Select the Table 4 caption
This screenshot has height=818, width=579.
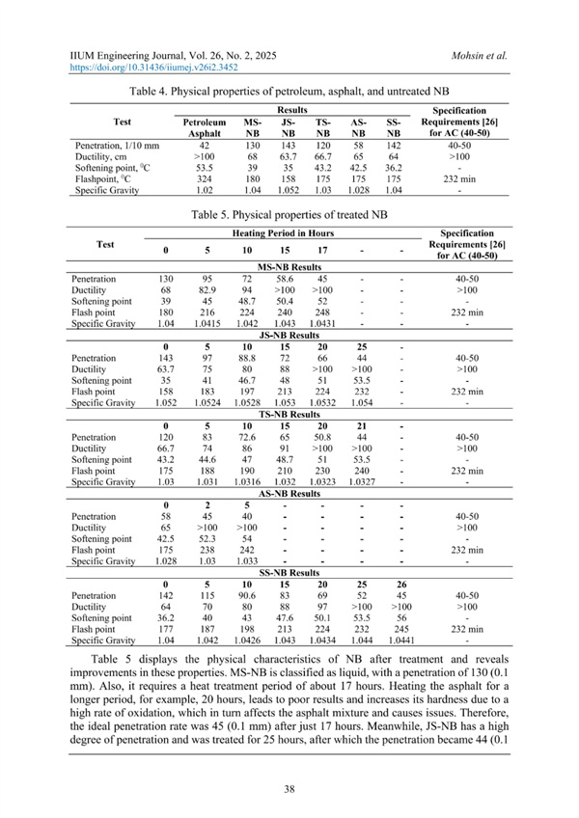289,92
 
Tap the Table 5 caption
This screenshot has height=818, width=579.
289,213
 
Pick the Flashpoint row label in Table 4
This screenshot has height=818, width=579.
107,178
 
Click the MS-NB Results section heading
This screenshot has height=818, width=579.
289,266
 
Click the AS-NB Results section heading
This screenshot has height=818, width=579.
289,492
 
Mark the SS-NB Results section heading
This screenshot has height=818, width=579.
289,572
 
